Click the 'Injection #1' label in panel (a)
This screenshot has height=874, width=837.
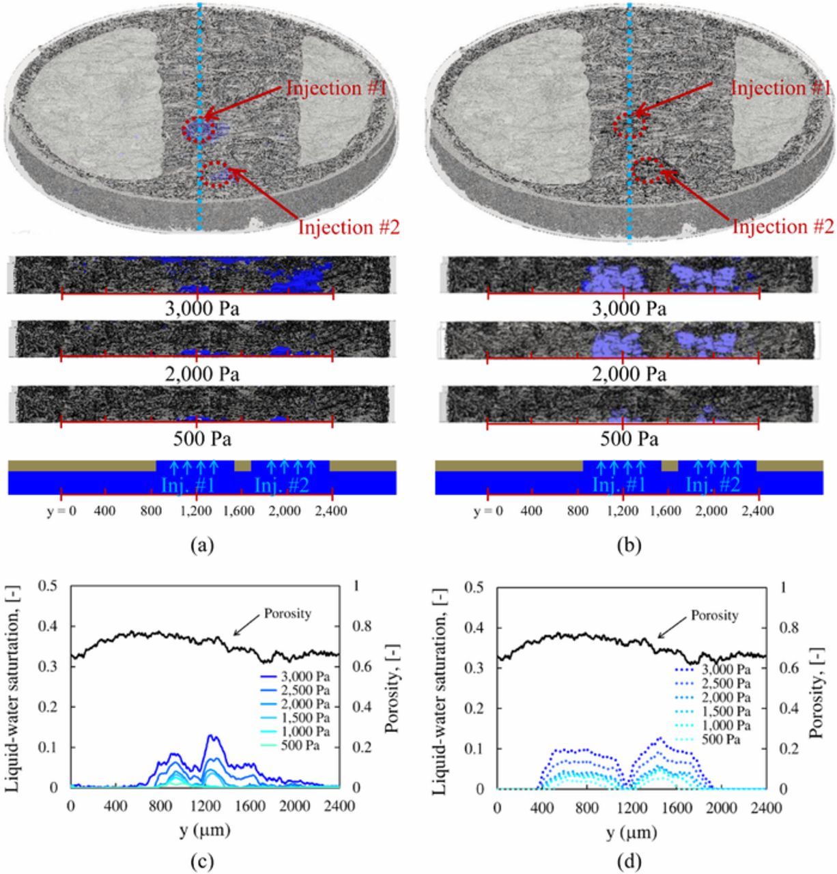coord(337,88)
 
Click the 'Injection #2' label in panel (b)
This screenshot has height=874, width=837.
coord(783,227)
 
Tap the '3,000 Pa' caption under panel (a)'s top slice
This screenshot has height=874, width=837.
coord(202,309)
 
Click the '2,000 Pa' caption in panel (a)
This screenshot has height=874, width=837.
coord(202,373)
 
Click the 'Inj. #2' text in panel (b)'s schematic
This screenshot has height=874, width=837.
coord(713,485)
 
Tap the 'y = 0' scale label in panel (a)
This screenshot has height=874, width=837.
coord(61,511)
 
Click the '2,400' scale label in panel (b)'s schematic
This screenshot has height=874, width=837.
coord(758,511)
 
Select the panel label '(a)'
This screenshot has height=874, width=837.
coord(202,546)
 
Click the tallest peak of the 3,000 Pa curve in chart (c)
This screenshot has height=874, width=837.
coord(211,735)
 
